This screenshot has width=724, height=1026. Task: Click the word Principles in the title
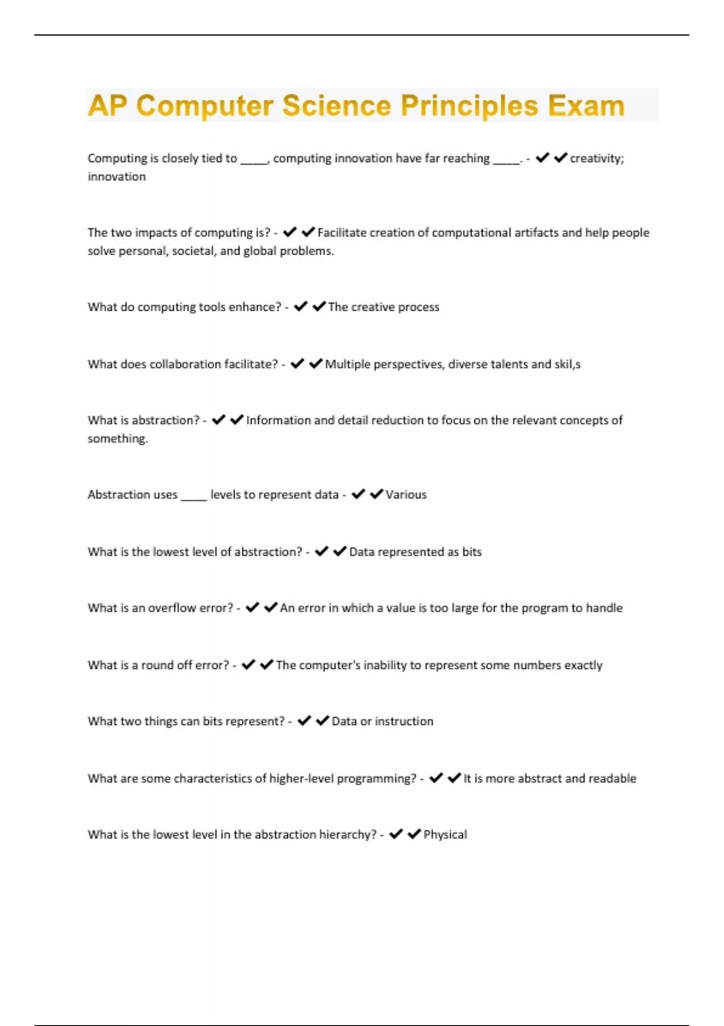[x=469, y=106]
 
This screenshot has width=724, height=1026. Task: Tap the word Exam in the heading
[x=586, y=106]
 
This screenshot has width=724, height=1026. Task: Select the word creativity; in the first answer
[x=597, y=158]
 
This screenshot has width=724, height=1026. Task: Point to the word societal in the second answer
[x=194, y=250]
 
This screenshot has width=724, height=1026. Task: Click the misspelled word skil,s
[x=567, y=364]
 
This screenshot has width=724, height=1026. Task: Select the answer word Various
[x=406, y=494]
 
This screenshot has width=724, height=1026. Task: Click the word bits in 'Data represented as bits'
[x=472, y=552]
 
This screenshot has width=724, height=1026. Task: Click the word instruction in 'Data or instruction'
[x=404, y=721]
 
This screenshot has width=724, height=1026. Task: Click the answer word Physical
[x=445, y=835]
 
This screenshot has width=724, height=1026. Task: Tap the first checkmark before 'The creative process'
[x=300, y=307]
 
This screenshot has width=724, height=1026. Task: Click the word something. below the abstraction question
[x=118, y=439]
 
